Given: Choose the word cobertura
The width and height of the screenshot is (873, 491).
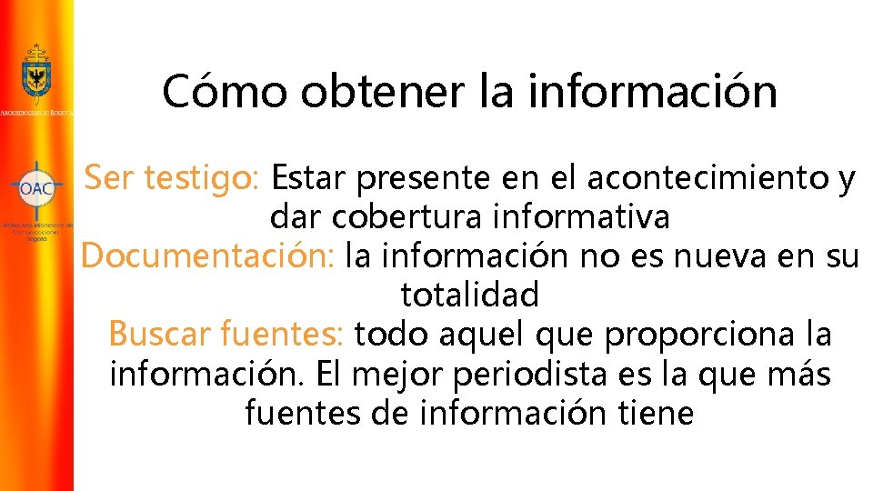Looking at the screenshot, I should click(408, 218).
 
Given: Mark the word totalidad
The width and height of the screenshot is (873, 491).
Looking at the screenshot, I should click(469, 296).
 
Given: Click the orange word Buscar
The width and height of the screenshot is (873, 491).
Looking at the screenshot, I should click(159, 335).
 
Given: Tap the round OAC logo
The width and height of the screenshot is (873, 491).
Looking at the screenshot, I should click(36, 189).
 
